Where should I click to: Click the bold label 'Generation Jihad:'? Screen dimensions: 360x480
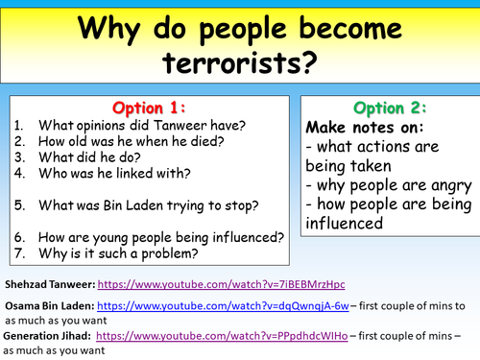pyautogui.click(x=46, y=336)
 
